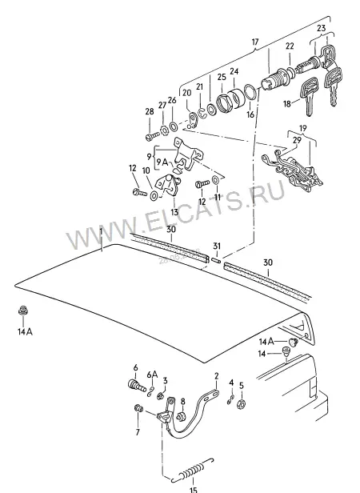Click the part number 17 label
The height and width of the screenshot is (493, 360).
255,42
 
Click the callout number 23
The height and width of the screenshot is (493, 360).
321,28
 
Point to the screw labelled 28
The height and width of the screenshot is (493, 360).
153,136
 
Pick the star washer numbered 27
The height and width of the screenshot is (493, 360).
163,130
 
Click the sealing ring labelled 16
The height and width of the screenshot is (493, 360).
250,92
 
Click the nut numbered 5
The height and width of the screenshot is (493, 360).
241,403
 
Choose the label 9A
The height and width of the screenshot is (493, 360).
162,162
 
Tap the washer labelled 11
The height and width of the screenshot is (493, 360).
216,180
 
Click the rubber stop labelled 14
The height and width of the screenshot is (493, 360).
286,351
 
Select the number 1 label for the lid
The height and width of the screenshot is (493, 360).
101,232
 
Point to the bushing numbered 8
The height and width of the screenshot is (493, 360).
181,417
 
